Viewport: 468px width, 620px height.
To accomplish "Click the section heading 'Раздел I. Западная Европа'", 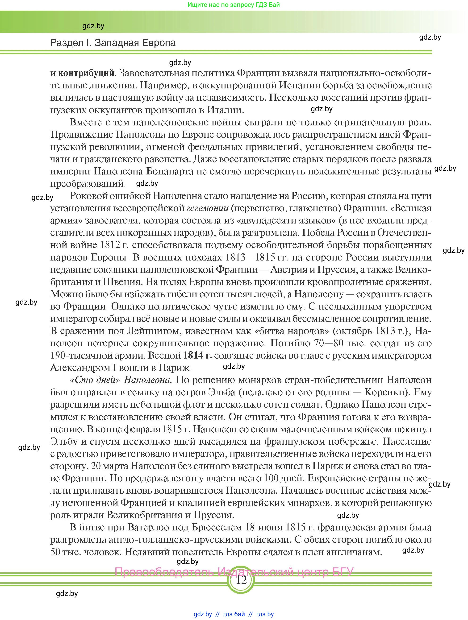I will click(x=113, y=43).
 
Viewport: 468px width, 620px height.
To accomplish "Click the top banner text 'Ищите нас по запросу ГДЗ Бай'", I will click(x=234, y=5).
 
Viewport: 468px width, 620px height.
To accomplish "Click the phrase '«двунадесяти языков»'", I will click(x=286, y=221).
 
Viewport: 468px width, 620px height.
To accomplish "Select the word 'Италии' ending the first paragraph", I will click(x=224, y=110).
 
